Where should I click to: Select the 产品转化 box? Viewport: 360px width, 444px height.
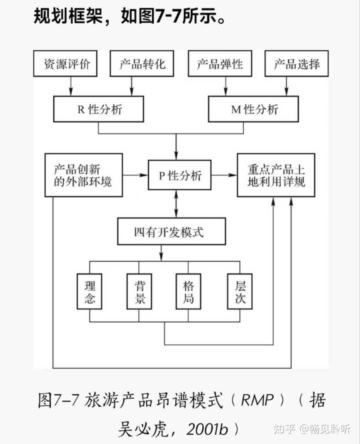(x=142, y=64)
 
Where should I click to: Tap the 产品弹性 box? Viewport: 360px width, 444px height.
(x=220, y=64)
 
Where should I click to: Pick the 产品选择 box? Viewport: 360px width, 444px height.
(x=297, y=64)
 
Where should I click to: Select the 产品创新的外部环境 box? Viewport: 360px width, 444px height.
(x=83, y=175)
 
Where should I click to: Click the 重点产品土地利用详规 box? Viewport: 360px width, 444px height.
(x=276, y=175)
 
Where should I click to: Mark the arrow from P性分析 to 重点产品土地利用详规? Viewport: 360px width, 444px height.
(x=225, y=175)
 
